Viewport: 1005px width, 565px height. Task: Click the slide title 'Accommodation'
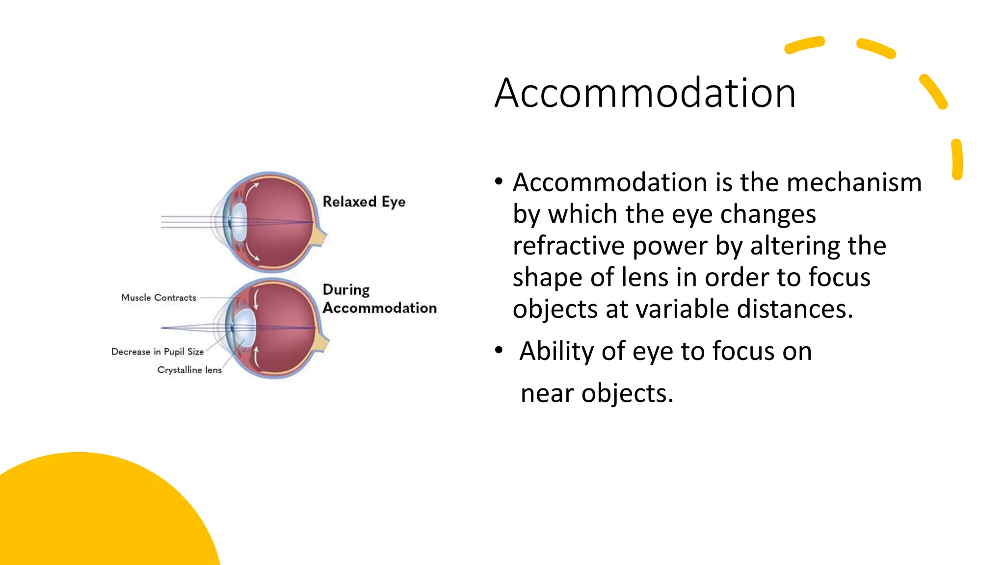click(x=645, y=93)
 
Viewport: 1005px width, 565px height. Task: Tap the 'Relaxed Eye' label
click(x=364, y=202)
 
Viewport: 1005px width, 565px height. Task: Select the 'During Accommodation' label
click(x=379, y=299)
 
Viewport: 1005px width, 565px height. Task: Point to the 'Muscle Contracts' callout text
click(x=159, y=298)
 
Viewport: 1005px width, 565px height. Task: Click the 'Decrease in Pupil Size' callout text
click(x=157, y=352)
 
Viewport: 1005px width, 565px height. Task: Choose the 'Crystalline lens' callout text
click(x=189, y=370)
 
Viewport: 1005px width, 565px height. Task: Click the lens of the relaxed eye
click(x=238, y=222)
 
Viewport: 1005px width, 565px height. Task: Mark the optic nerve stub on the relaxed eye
click(x=319, y=237)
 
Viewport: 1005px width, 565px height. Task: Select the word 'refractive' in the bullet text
click(x=568, y=246)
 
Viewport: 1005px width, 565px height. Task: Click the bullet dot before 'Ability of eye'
click(x=499, y=350)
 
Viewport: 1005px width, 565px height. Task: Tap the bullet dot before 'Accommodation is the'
click(x=499, y=181)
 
